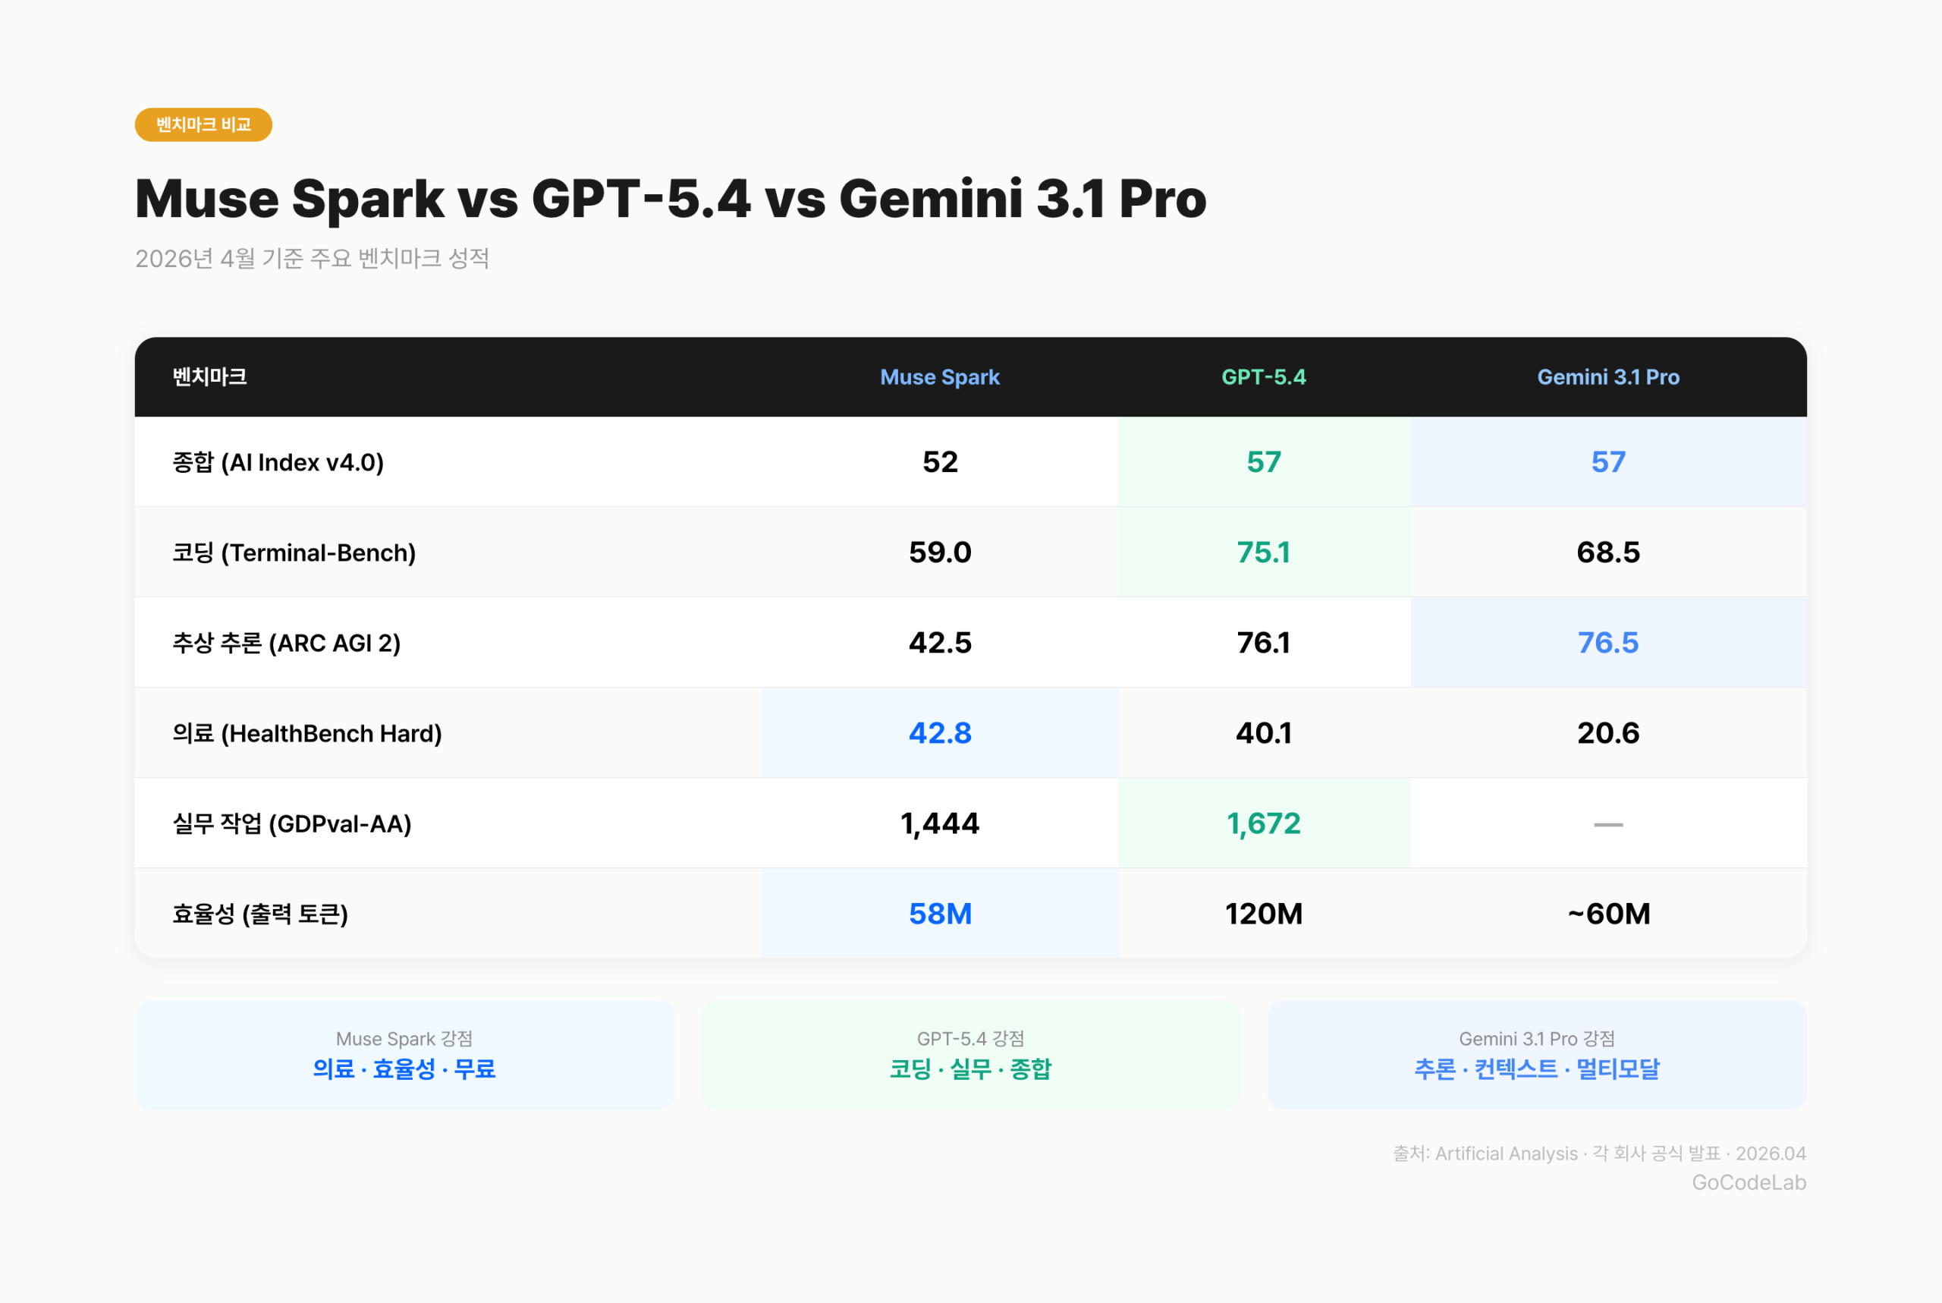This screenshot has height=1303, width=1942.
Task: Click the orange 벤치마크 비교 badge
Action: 203,124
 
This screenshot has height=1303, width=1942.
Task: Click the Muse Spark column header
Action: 939,377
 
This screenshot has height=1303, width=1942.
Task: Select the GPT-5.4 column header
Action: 1263,377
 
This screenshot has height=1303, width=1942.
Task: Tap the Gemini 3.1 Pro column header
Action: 1607,377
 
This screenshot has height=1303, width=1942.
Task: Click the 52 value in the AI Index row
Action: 939,462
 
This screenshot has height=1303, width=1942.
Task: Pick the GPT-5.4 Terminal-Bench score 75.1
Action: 1263,552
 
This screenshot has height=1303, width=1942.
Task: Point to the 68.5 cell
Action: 1607,552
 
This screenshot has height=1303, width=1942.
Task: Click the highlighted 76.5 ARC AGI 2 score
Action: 1607,642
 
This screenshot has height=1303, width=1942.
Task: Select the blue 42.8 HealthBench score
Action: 939,733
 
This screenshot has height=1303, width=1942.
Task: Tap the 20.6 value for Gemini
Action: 1607,733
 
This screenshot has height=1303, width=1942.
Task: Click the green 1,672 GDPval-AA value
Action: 1263,823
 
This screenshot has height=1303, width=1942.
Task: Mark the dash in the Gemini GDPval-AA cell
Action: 1607,824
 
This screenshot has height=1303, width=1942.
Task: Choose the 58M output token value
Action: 939,914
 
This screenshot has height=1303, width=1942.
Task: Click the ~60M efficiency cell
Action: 1607,914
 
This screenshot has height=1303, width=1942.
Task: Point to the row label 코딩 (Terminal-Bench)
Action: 294,552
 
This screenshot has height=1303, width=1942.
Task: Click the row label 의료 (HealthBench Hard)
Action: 306,733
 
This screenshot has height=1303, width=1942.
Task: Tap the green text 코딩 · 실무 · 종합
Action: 970,1069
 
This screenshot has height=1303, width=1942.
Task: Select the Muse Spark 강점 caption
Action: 404,1039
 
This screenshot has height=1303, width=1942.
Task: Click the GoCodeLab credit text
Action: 1749,1182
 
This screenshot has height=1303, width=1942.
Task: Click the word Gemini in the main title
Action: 930,200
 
